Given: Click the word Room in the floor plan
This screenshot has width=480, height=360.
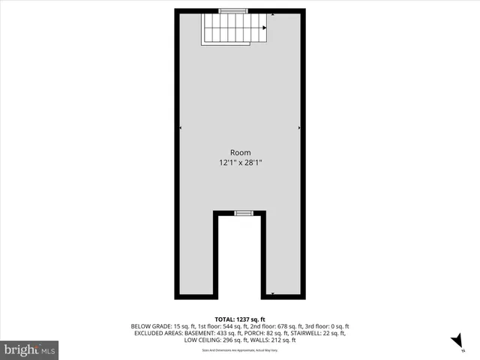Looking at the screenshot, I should [240, 151].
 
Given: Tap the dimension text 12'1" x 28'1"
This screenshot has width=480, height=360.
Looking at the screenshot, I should [240, 162].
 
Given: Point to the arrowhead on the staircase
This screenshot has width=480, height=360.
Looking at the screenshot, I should [265, 29].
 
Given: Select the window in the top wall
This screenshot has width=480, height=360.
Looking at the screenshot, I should [234, 10].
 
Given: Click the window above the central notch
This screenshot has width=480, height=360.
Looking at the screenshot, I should [244, 214].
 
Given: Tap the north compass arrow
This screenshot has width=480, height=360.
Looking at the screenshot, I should [455, 341].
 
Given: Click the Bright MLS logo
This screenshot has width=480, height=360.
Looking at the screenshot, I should [29, 349].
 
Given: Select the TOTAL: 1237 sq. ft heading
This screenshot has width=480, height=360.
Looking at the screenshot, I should [240, 318].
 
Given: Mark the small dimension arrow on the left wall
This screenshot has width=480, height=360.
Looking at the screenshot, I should [181, 128].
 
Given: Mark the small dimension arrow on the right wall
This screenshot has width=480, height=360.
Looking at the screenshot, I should [299, 128].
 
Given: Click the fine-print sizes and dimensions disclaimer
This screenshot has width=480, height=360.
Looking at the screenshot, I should [240, 349].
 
